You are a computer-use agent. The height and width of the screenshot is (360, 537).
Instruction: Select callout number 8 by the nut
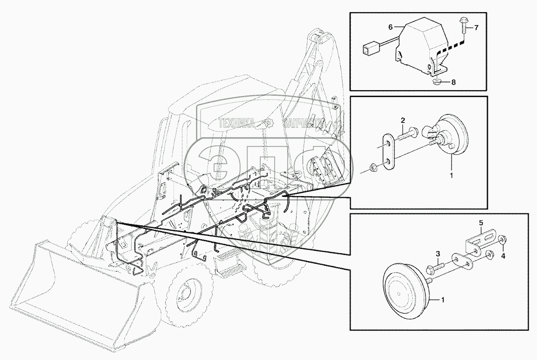pyautogui.click(x=453, y=82)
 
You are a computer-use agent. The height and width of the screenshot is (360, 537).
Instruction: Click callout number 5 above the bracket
pyautogui.click(x=480, y=223)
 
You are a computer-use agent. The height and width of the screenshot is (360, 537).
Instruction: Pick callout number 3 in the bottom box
pyautogui.click(x=437, y=254)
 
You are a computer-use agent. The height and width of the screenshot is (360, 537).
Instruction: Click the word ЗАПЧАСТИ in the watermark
pyautogui.click(x=302, y=123)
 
